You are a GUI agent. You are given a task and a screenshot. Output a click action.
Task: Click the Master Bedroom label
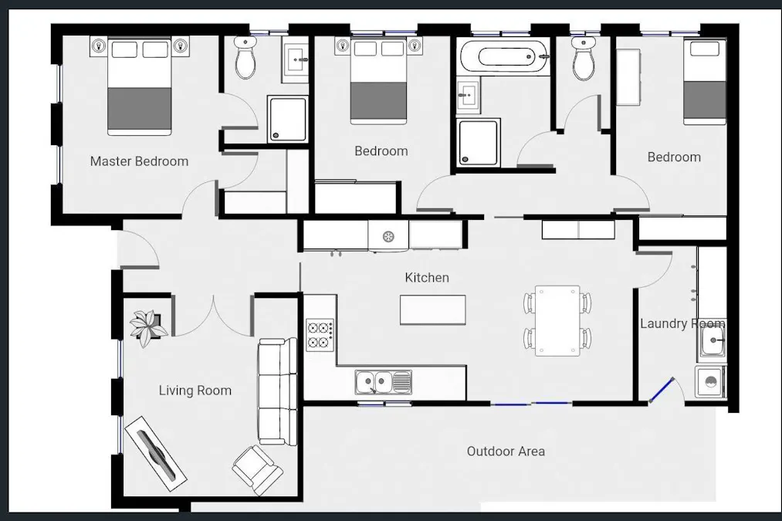(139, 161)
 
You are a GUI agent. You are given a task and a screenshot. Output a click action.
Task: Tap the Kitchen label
(427, 278)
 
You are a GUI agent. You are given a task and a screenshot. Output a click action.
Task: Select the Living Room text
(195, 391)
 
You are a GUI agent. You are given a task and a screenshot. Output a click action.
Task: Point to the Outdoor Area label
(506, 452)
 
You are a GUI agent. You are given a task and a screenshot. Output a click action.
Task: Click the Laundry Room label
(682, 323)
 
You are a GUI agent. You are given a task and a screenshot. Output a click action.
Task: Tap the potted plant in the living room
(148, 327)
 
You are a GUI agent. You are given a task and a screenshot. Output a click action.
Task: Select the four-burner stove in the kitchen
(320, 335)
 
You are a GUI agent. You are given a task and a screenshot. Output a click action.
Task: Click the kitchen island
(433, 310)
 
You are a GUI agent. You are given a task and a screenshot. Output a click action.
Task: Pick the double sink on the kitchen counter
(384, 382)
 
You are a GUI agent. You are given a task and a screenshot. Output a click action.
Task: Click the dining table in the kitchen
(557, 320)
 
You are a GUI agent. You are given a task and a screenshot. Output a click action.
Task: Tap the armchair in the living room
(257, 470)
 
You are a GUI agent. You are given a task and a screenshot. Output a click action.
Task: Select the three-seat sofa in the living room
(277, 391)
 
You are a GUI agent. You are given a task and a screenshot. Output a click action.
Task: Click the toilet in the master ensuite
(245, 58)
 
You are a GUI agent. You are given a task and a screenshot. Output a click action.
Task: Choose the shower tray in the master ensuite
(287, 119)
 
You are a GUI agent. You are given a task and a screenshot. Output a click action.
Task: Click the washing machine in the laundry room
(710, 382)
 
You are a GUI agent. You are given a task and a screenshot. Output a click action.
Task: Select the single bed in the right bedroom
(704, 82)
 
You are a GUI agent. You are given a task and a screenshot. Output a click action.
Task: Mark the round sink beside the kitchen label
(388, 236)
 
